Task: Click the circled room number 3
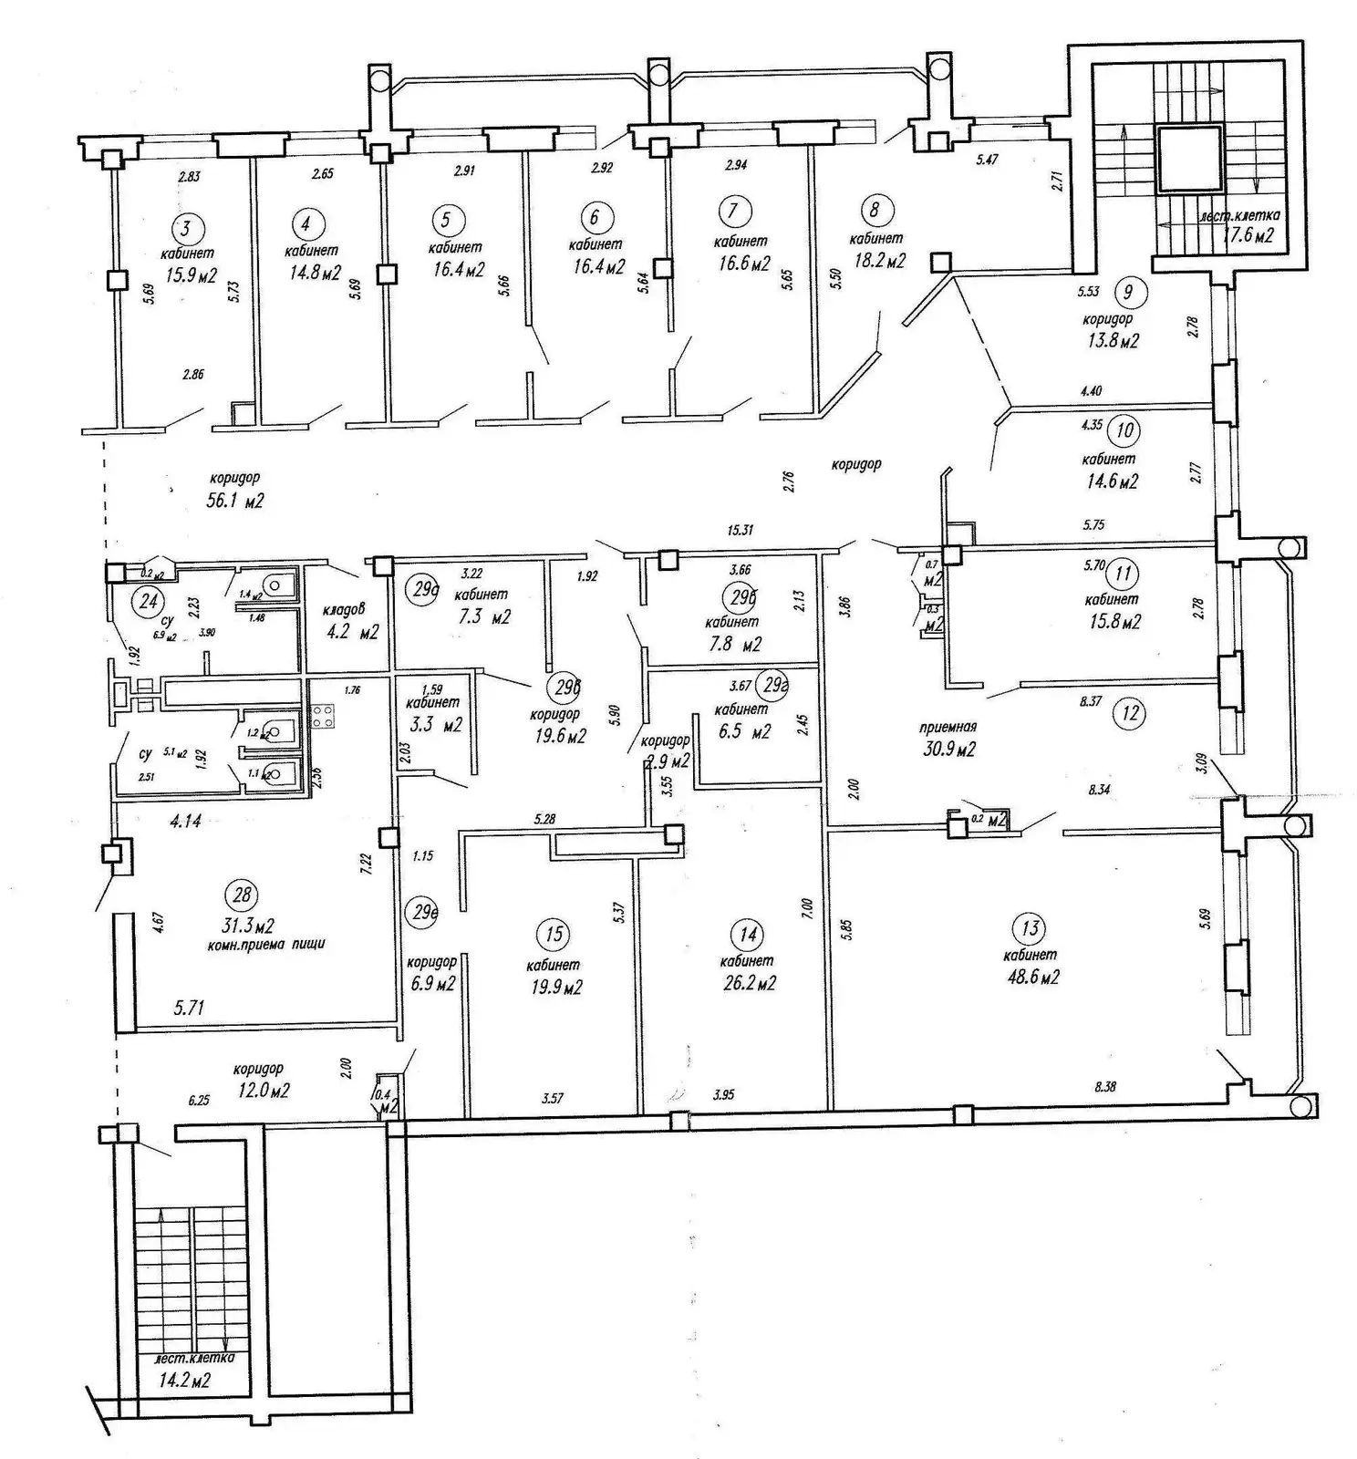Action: tap(188, 227)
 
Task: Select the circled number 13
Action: tap(1030, 928)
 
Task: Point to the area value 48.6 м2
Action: tap(1031, 978)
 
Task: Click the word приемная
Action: tap(948, 727)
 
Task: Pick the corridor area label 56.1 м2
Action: tap(235, 501)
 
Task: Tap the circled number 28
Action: tap(242, 895)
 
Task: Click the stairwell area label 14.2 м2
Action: tap(184, 1381)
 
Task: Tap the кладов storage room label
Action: tap(343, 609)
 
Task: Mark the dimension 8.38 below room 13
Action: tap(1104, 1086)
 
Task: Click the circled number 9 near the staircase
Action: tap(1129, 292)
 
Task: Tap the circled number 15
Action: tap(554, 934)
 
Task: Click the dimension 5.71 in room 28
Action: tap(189, 1008)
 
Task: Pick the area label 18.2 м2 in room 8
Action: tap(877, 261)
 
